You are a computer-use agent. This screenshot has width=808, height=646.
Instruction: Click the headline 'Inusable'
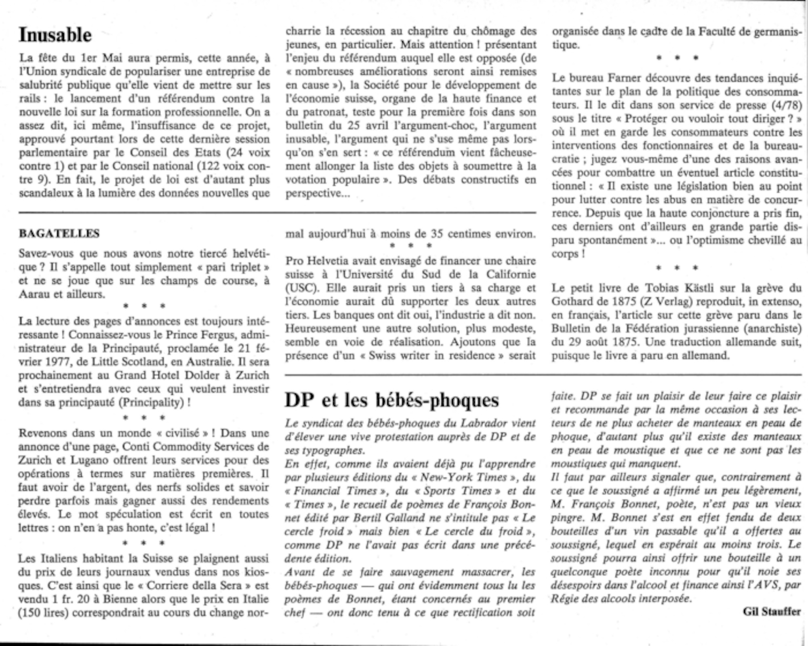[x=55, y=35]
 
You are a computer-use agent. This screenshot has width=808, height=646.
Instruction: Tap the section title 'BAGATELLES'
[x=59, y=233]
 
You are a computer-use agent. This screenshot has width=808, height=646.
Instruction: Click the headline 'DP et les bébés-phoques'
[x=392, y=400]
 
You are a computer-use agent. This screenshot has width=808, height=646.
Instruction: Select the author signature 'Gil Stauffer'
[x=772, y=612]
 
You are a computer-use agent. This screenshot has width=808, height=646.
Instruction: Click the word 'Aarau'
[x=34, y=294]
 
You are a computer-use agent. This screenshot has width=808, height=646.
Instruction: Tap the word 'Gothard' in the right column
[x=571, y=301]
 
